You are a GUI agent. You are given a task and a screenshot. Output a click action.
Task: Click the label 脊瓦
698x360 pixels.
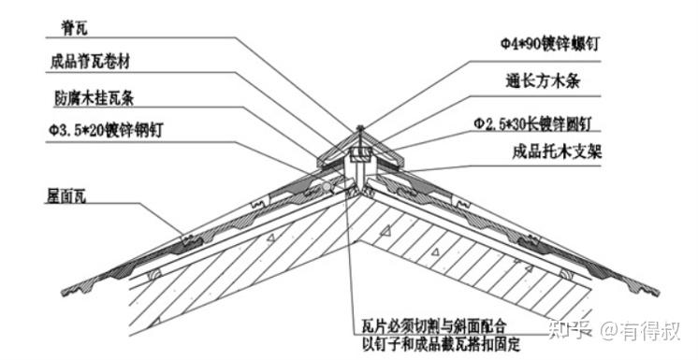point(74,28)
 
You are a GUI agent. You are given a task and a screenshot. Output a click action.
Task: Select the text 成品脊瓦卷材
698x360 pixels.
point(90,62)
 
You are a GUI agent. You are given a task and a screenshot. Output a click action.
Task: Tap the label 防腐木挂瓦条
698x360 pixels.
point(94,98)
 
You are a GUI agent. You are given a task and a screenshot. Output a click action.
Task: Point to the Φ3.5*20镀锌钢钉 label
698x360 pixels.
point(106,130)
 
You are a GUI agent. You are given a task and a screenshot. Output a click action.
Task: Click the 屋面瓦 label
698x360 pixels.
point(66,195)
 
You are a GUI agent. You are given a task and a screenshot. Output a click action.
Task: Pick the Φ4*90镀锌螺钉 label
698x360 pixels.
point(550,44)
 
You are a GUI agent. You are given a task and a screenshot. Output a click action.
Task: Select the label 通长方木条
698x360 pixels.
point(543,81)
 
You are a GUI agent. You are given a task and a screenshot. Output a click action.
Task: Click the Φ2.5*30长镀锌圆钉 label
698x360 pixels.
point(532,123)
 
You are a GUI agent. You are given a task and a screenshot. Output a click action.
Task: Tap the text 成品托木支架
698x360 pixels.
point(557,151)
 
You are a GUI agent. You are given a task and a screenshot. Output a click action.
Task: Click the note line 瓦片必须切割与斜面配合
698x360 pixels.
point(434,326)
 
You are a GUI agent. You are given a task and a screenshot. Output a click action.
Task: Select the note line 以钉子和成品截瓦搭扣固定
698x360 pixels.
point(441,343)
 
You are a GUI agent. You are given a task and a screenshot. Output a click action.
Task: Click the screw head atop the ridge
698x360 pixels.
point(359,129)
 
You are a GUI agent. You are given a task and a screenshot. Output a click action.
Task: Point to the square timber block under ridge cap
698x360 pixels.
point(359,154)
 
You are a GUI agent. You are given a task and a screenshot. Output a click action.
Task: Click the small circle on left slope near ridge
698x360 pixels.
point(327,187)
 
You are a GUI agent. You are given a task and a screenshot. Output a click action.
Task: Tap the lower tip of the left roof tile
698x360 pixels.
point(63,293)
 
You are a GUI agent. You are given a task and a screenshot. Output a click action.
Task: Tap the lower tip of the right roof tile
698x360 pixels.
point(658,294)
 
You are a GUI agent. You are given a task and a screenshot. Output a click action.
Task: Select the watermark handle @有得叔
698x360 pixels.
point(640,331)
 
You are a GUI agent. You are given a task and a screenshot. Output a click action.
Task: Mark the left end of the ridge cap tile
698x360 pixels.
point(318,163)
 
